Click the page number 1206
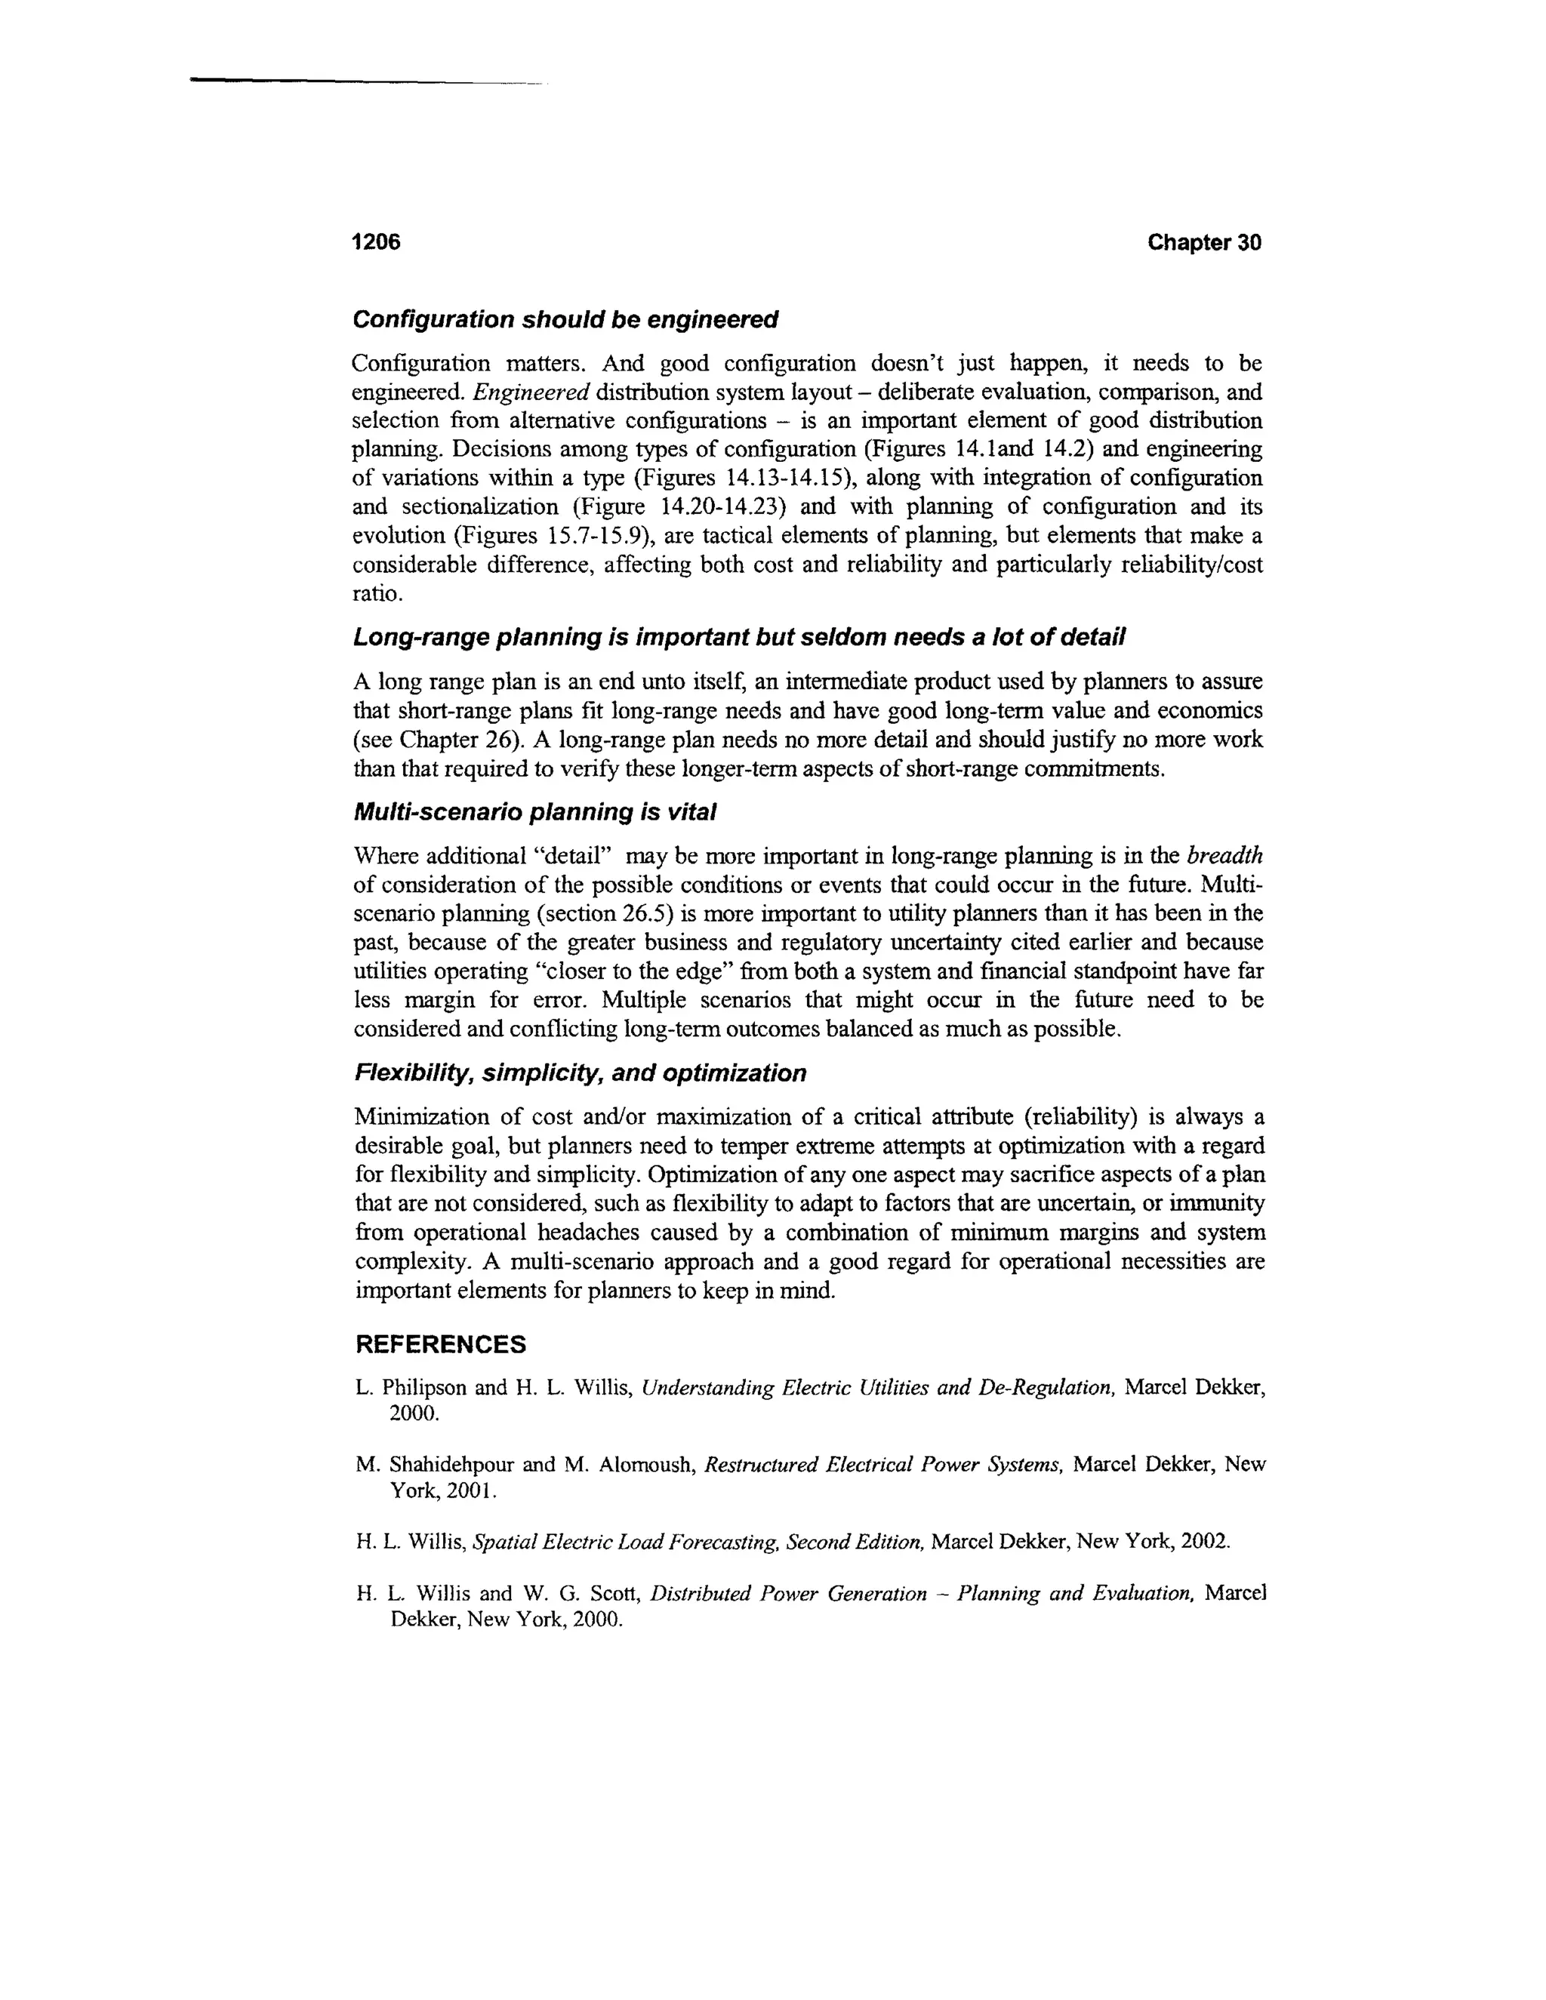[377, 243]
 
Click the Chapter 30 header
[1203, 243]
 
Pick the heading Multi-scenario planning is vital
[534, 812]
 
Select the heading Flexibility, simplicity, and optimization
[580, 1073]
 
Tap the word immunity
[1219, 1203]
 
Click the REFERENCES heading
[441, 1344]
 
